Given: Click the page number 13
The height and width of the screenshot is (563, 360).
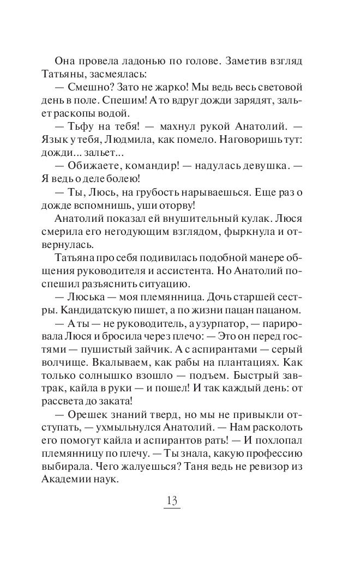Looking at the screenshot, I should (x=172, y=501).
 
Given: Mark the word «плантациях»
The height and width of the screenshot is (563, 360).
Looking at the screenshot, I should (x=245, y=364).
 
